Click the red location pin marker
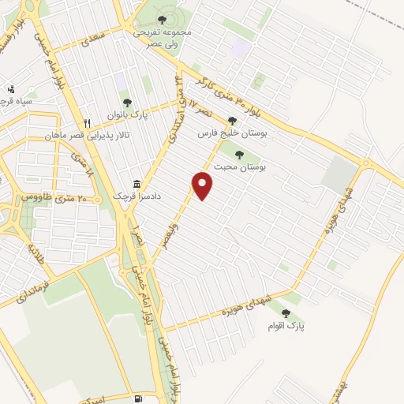[x=204, y=185]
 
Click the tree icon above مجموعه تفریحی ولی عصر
[x=163, y=18]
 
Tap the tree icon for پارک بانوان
[x=127, y=102]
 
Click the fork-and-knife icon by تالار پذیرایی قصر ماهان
[x=88, y=123]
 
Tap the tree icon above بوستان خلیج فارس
[x=231, y=121]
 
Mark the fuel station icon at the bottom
[x=140, y=398]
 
